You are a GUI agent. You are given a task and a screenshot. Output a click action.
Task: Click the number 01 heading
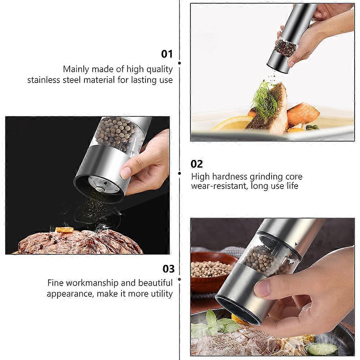[167, 54]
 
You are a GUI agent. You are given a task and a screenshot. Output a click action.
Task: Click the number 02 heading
[197, 164]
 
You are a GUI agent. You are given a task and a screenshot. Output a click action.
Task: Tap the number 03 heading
[169, 269]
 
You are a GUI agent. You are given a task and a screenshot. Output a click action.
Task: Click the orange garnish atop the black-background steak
[65, 229]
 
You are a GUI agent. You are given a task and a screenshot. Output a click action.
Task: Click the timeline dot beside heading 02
[180, 173]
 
